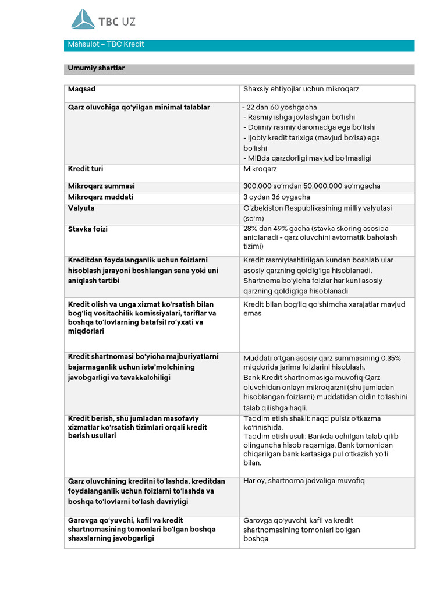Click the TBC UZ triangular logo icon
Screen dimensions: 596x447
[x=83, y=19]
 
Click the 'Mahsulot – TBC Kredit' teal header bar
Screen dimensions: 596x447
[x=239, y=45]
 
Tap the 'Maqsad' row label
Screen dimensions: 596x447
[x=82, y=89]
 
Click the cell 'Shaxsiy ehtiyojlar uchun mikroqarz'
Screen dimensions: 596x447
[x=301, y=89]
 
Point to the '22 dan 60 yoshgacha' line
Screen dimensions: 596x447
[x=282, y=108]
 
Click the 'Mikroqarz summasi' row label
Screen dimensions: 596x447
[x=101, y=186]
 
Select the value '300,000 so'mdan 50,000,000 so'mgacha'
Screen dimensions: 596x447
[x=311, y=186]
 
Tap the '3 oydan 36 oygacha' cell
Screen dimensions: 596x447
[x=276, y=197]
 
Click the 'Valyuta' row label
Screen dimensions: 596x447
[x=81, y=208]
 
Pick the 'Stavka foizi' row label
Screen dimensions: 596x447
[x=88, y=229]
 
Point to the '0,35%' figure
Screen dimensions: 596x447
[x=390, y=358]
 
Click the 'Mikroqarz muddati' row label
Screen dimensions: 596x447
[x=101, y=197]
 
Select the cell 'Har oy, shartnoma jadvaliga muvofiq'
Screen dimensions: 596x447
[x=304, y=481]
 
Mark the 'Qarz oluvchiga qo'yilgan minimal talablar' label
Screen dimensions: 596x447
[x=139, y=108]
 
